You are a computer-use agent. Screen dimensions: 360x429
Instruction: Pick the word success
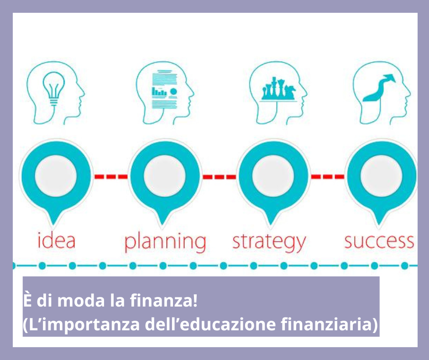[x=379, y=240]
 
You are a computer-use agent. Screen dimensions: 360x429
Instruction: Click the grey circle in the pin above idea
[x=56, y=176]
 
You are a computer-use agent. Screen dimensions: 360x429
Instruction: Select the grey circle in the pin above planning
[x=164, y=176]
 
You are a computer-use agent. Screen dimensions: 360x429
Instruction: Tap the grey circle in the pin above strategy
[x=273, y=176]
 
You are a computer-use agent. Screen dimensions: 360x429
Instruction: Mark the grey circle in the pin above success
[x=381, y=176]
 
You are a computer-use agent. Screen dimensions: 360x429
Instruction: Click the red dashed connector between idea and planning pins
[x=110, y=176]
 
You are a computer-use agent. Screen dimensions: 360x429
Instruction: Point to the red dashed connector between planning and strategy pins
[x=219, y=176]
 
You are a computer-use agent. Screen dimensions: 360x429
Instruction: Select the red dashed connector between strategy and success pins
[x=327, y=176]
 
